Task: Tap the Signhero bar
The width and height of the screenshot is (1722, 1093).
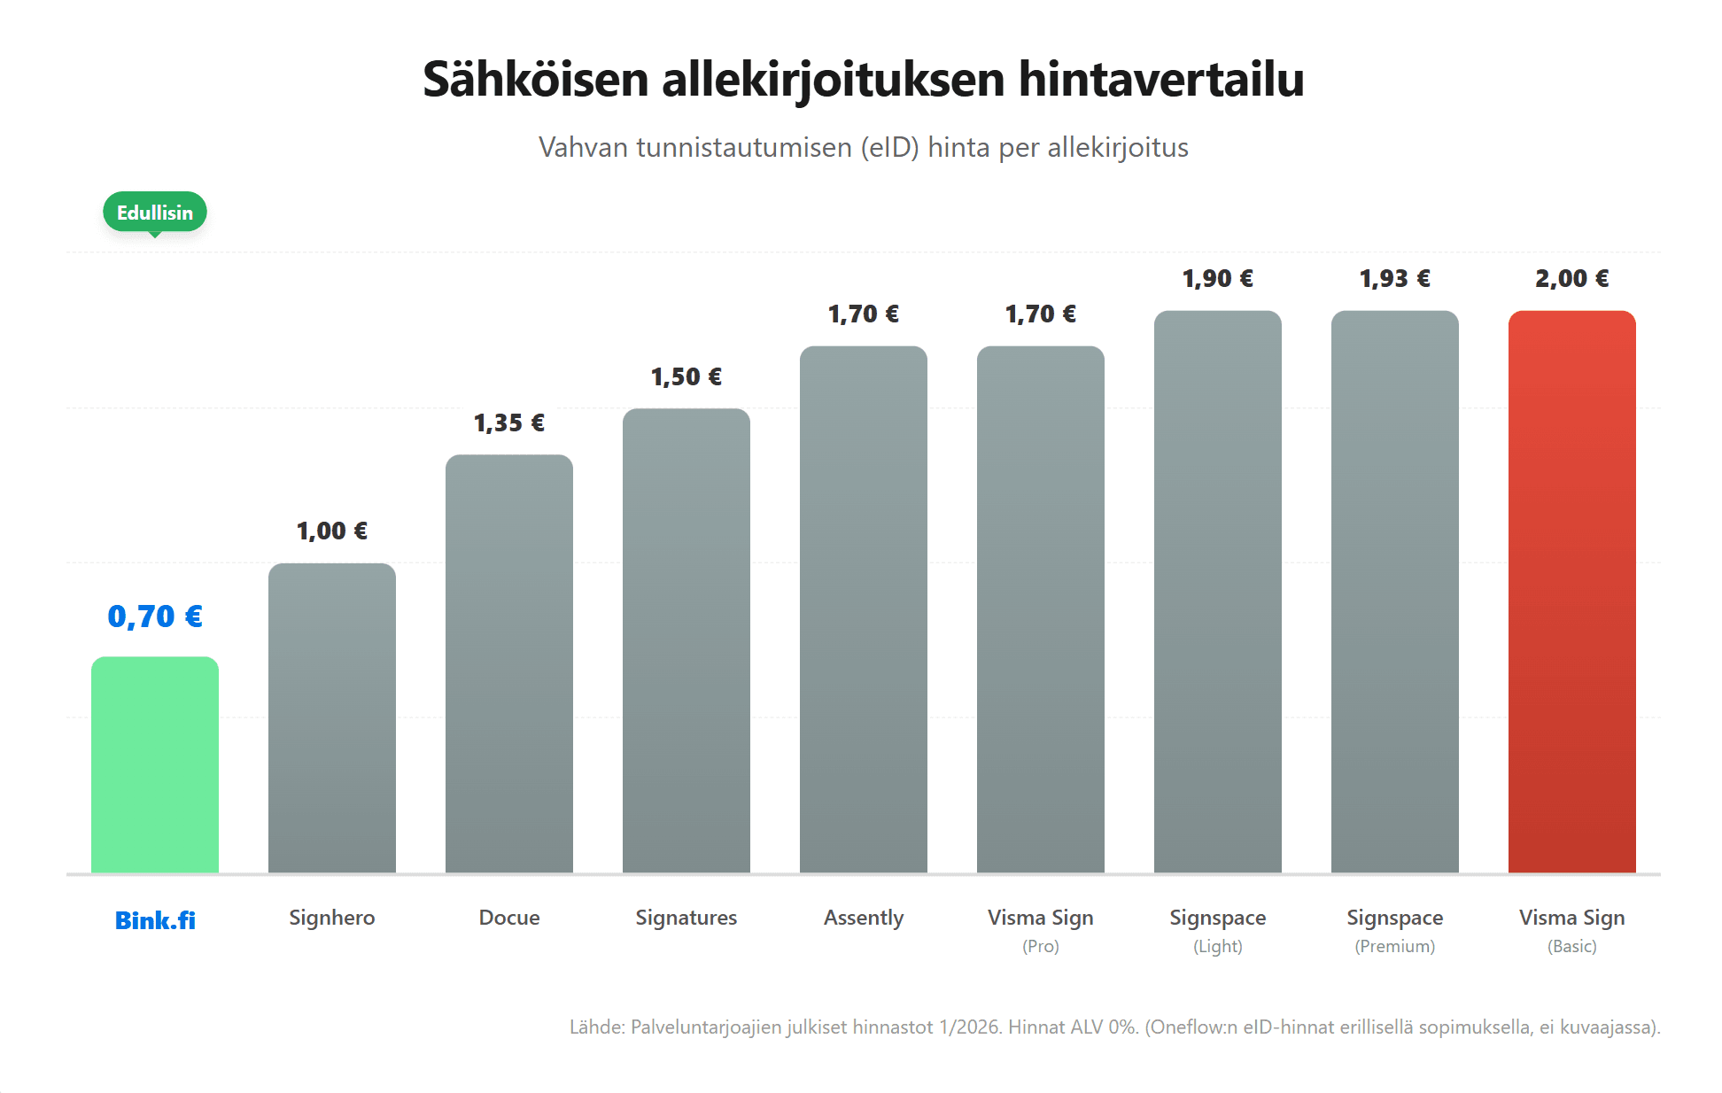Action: (332, 717)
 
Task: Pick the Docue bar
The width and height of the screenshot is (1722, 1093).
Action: (509, 663)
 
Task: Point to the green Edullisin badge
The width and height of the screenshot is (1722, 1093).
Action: (155, 213)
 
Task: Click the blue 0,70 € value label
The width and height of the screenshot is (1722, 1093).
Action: (155, 616)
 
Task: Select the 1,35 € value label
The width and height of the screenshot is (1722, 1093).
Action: (509, 423)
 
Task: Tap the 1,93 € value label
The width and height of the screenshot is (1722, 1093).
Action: (1394, 279)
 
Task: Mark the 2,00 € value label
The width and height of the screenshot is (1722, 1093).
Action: (1571, 279)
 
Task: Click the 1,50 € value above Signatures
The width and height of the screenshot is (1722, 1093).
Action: (686, 377)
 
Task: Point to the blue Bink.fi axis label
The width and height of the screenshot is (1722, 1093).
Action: (155, 920)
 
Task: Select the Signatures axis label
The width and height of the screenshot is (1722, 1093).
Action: (686, 918)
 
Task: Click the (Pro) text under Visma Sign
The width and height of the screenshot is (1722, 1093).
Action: (1041, 946)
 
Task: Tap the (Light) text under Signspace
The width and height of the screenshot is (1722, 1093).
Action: (1218, 946)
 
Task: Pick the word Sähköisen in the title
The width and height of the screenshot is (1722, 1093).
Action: (536, 80)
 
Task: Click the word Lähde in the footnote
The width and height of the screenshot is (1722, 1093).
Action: (596, 1027)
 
